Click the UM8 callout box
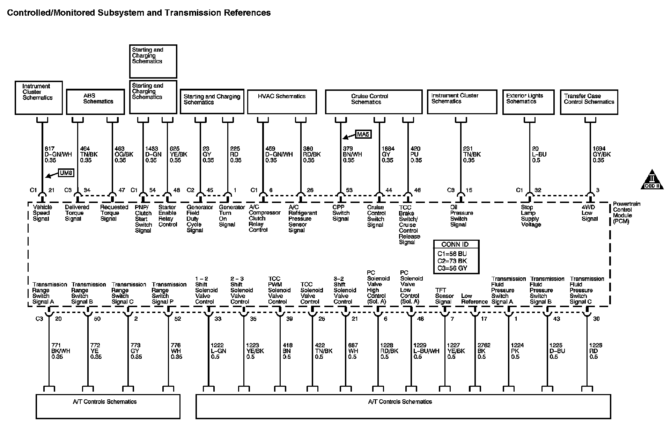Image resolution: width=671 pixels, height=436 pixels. pos(66,173)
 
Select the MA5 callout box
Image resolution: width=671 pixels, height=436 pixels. pos(363,134)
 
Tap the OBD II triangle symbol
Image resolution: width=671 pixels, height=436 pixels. pos(652,180)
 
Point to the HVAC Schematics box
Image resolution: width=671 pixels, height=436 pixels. pos(282,102)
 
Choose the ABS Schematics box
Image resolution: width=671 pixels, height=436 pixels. pos(95,102)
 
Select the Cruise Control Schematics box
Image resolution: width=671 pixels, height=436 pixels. pos(374,102)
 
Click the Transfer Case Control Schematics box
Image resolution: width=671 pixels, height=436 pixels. pos(589,102)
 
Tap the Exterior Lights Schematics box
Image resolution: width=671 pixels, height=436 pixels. pos(528,102)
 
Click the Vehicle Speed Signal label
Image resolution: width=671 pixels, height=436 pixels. pos(41,213)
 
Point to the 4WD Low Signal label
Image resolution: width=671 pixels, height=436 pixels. pos(589,213)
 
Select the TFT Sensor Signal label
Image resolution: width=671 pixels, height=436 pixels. pos(444,296)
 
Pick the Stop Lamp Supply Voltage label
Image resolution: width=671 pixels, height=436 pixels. pos(531,216)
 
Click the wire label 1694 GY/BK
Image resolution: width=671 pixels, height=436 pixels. pos(602,154)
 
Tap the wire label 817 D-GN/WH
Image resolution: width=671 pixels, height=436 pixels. pos(58,154)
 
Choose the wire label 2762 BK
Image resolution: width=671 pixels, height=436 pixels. pos(484,351)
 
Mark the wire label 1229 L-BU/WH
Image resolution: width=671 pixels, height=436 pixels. pos(426,351)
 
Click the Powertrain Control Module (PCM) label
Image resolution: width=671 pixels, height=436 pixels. pos(627,212)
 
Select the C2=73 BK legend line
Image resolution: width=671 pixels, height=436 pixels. pos(452,261)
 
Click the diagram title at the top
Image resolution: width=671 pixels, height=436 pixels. pos(139,13)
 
